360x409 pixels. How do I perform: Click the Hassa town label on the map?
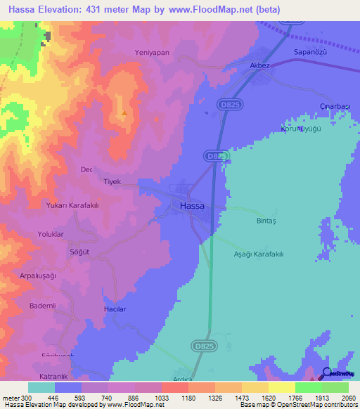[193, 206]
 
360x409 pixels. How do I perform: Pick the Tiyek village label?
[112, 181]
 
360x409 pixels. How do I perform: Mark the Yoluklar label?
[51, 235]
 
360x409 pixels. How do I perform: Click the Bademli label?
[42, 306]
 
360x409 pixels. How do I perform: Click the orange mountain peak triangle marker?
[124, 112]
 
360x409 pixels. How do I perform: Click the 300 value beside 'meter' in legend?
[27, 397]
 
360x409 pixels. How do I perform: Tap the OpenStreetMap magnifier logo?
[326, 373]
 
